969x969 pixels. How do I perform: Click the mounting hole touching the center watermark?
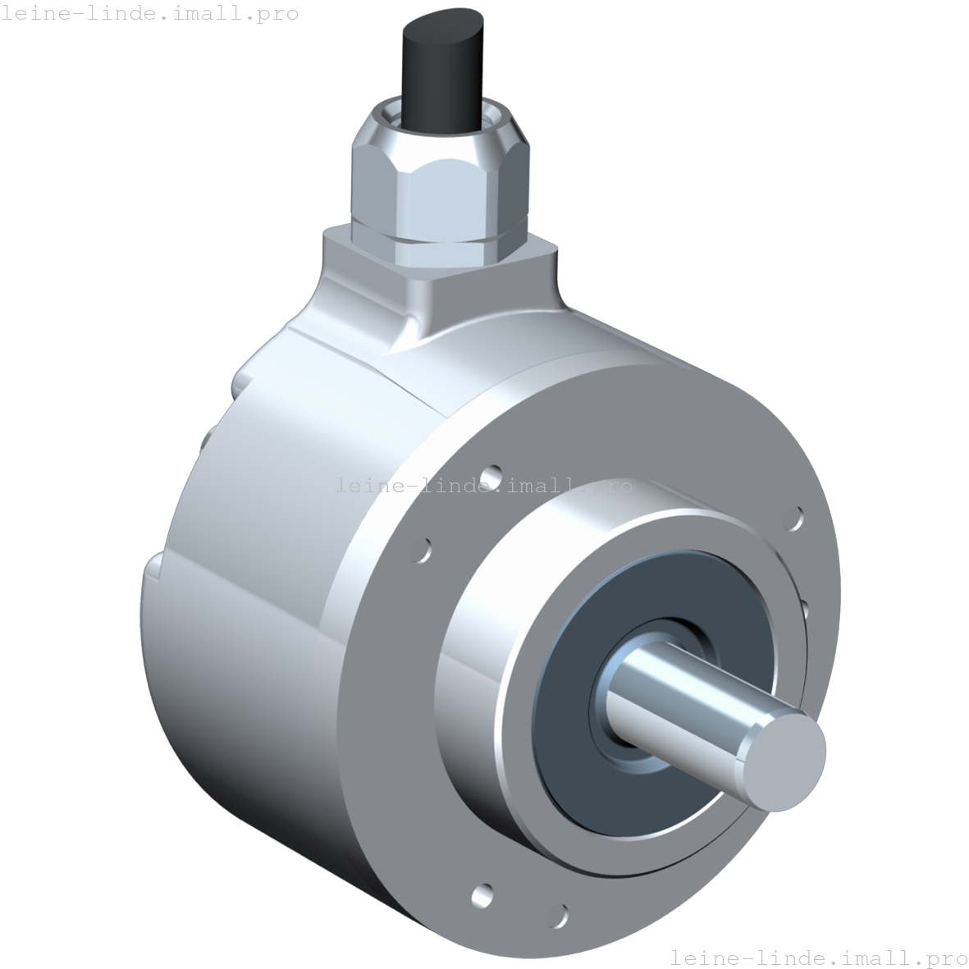pyautogui.click(x=491, y=476)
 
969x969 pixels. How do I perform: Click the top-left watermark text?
pyautogui.click(x=149, y=14)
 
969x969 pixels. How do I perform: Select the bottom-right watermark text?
pyautogui.click(x=818, y=958)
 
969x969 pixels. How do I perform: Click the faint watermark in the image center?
pyautogui.click(x=484, y=486)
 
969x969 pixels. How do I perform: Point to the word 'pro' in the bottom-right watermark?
pyautogui.click(x=946, y=958)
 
